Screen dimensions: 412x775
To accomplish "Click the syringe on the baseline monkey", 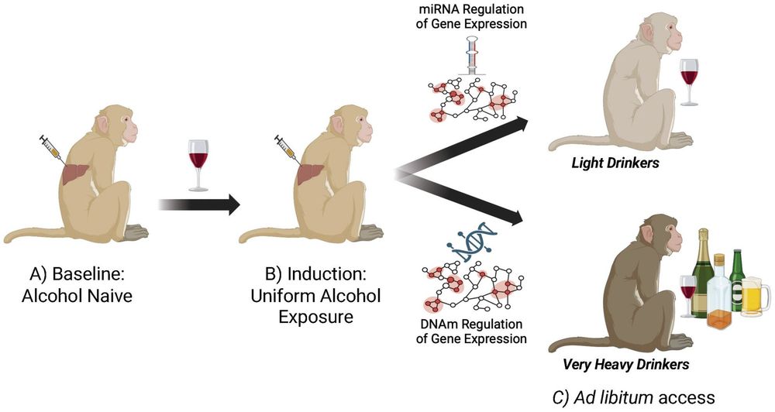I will click(53, 149).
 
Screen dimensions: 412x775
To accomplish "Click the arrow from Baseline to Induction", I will click(198, 205).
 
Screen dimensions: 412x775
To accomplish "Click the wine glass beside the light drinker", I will click(688, 81).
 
